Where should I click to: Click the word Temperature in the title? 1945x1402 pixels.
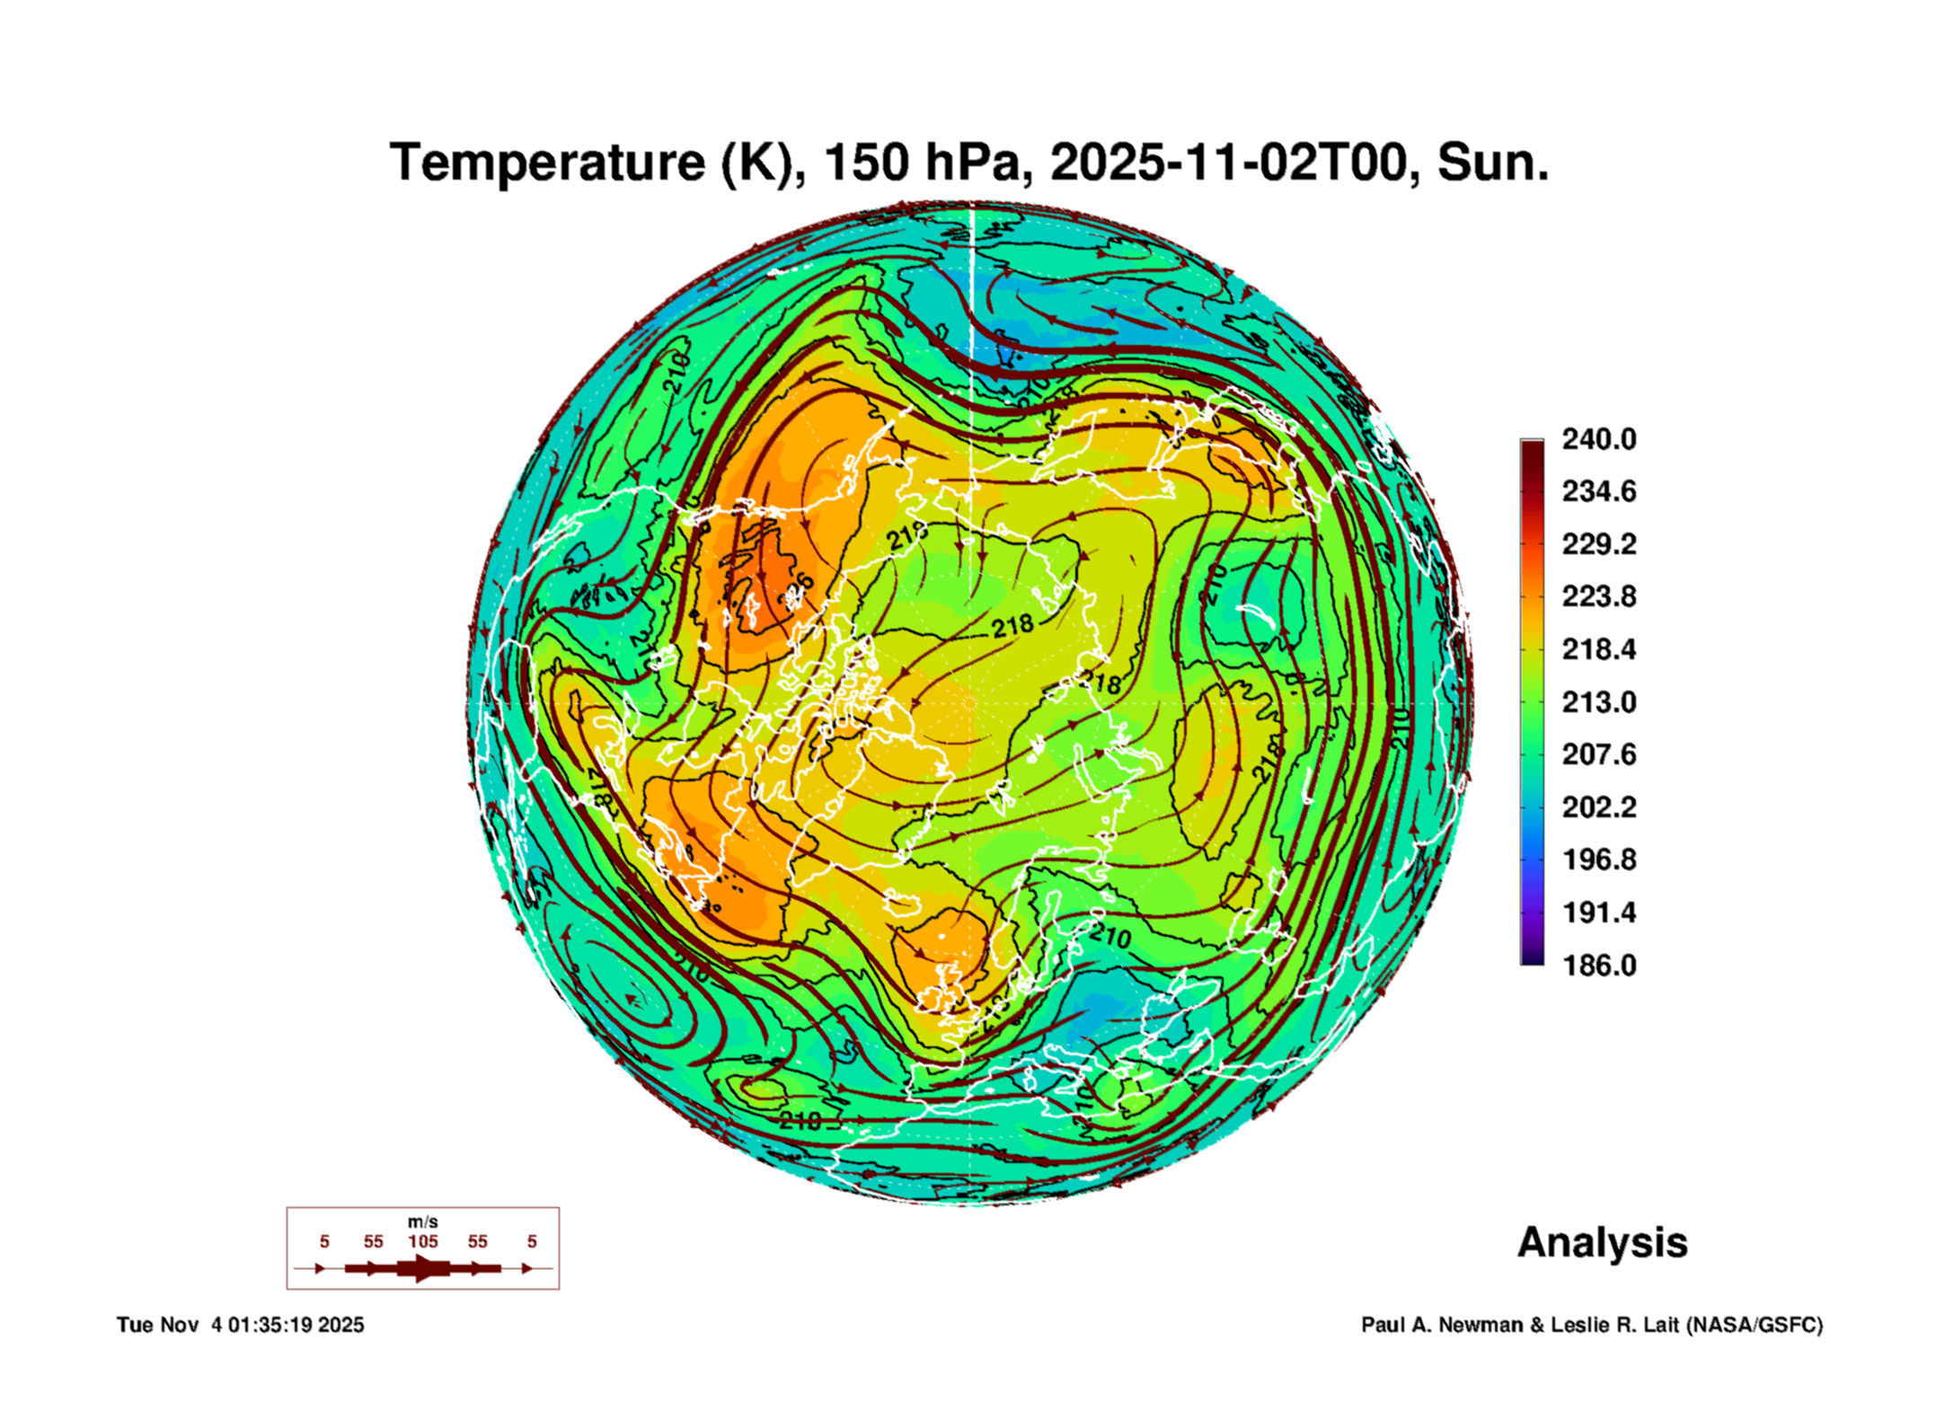547,163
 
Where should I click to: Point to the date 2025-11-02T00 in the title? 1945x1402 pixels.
1228,163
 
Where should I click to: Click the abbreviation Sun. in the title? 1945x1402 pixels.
1493,163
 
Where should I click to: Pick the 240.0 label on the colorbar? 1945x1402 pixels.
1598,439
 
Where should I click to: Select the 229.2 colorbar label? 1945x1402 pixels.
1598,544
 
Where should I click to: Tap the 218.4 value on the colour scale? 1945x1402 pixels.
1598,649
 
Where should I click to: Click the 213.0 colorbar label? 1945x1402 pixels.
1598,702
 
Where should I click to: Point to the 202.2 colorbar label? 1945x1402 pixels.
1598,807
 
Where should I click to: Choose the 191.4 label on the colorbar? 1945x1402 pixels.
1598,913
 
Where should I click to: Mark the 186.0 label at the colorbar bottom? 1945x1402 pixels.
1598,966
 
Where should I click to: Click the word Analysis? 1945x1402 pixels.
1602,1242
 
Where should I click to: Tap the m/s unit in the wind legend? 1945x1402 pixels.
422,1221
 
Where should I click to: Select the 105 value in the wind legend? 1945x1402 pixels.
422,1241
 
